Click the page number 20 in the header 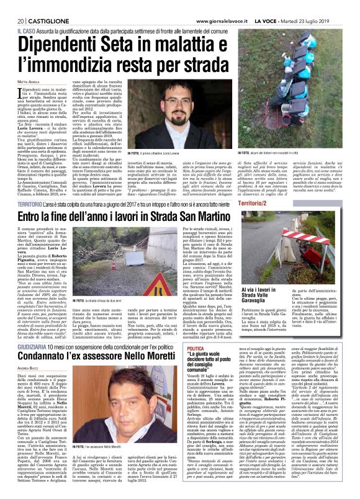click(x=11, y=6)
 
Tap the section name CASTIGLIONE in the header click(x=39, y=6)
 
